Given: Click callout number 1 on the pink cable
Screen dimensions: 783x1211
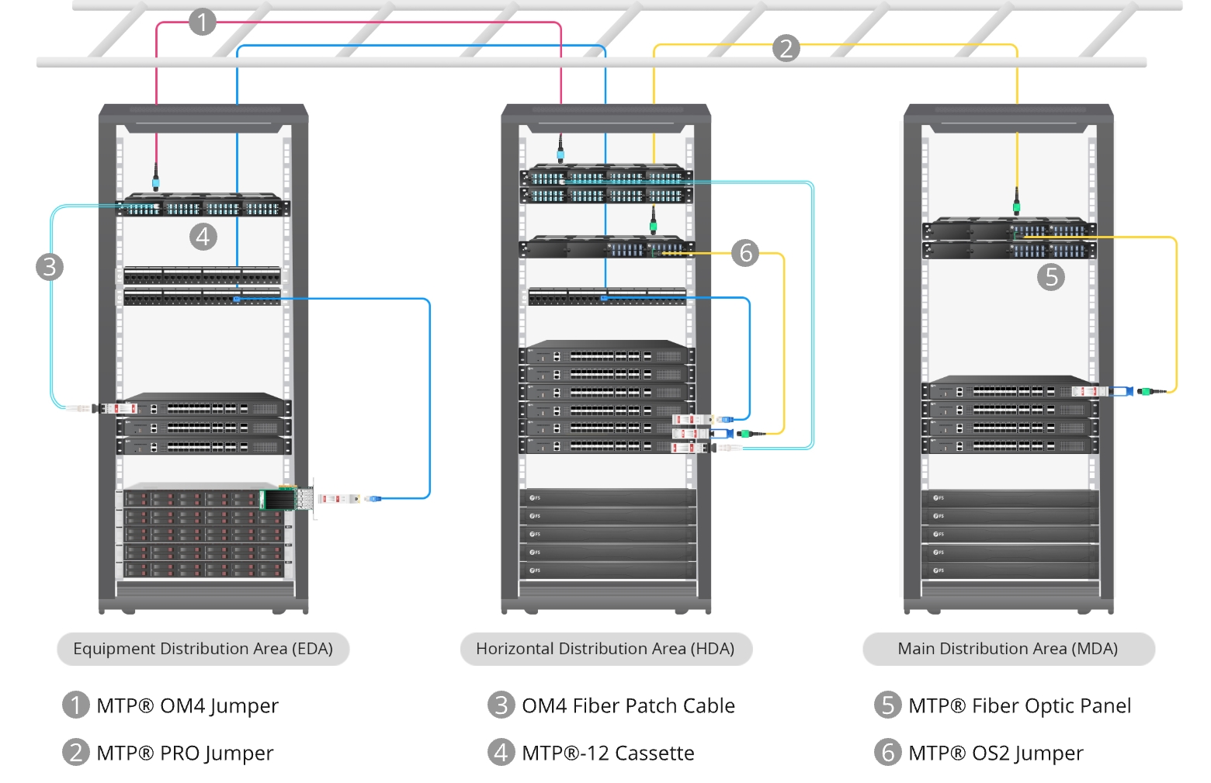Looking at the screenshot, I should click(202, 22).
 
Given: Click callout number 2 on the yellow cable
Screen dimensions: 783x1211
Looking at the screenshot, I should click(786, 48).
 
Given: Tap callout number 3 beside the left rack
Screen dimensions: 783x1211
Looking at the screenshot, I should click(50, 267).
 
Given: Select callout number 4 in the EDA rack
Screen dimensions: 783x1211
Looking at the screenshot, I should click(203, 236).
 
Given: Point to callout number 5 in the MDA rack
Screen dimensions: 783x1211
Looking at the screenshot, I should click(1051, 277).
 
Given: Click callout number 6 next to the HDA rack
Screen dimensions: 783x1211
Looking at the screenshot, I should click(745, 252).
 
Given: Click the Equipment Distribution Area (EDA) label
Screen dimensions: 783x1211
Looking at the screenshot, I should click(203, 649).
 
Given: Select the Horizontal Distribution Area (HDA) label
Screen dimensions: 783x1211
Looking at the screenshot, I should click(605, 649).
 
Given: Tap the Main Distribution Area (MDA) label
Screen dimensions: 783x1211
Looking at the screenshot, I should click(1008, 649).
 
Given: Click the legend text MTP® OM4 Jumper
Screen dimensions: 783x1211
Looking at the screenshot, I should click(187, 705).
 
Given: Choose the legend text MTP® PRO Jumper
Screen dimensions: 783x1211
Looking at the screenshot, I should click(185, 753).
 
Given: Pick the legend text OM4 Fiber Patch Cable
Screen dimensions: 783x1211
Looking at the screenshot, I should click(628, 705).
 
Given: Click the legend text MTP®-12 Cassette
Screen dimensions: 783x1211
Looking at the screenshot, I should click(608, 753).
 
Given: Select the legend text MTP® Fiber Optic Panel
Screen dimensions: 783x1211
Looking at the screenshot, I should click(1019, 705).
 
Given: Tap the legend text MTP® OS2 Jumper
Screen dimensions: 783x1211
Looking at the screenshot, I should click(995, 753).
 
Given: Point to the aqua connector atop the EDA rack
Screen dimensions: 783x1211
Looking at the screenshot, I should click(155, 182).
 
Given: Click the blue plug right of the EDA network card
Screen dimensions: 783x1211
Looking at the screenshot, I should click(373, 498).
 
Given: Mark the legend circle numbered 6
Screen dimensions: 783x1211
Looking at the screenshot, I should click(887, 752).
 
